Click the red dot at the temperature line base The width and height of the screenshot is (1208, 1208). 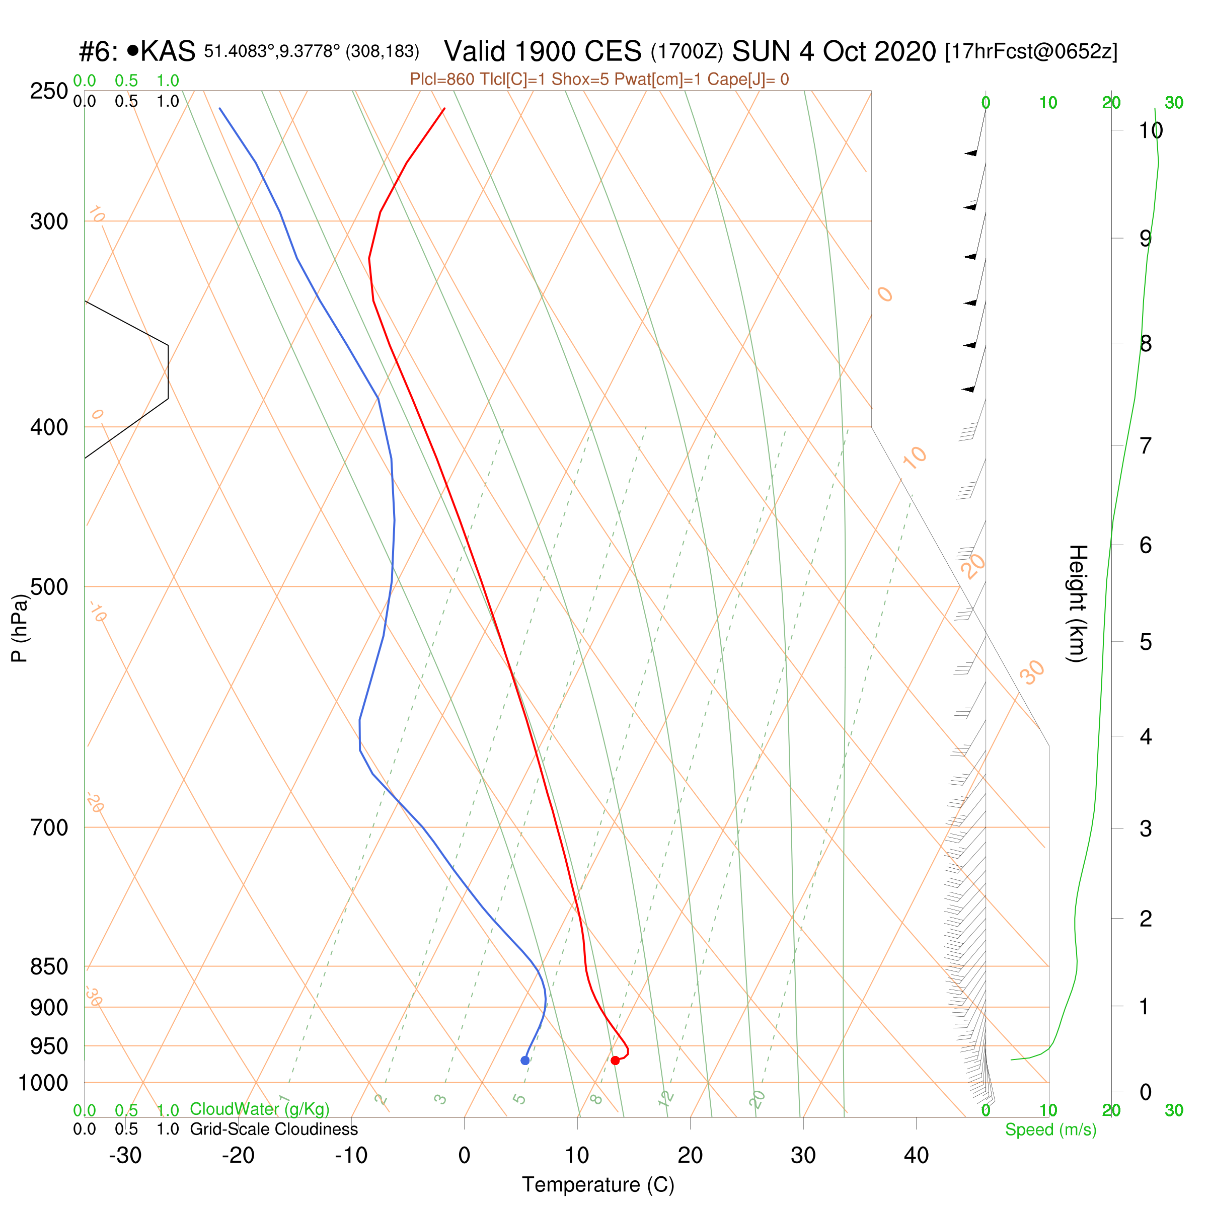(615, 1060)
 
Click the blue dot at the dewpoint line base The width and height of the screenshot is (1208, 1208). (525, 1060)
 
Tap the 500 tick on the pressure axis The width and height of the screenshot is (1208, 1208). (49, 586)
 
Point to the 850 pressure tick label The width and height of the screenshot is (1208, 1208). (49, 966)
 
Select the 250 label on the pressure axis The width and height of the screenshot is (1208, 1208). (49, 91)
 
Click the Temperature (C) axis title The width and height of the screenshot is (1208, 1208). (598, 1184)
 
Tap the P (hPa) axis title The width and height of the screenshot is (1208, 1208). (20, 628)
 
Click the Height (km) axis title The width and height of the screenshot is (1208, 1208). (1077, 603)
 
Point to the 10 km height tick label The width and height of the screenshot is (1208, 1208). (1151, 131)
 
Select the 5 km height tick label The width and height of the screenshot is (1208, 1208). (1146, 642)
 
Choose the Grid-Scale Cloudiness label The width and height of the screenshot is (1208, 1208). (274, 1129)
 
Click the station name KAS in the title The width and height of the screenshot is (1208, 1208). (168, 51)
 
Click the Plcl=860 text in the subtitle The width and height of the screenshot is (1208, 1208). (442, 80)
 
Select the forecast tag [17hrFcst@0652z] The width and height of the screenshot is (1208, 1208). (1031, 51)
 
